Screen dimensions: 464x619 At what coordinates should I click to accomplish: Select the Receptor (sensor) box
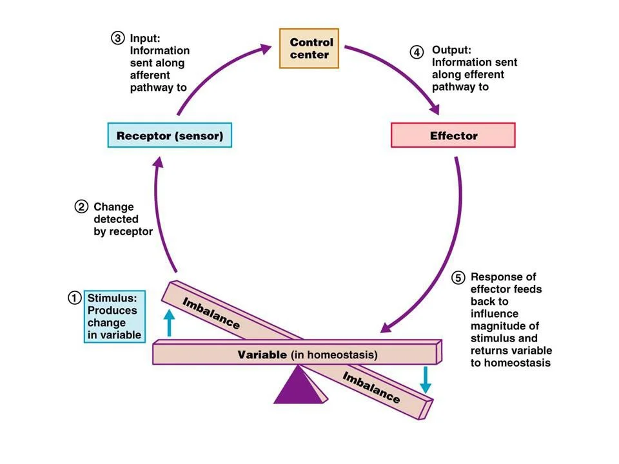tap(169, 136)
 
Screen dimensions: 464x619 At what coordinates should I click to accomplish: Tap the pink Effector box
tap(453, 136)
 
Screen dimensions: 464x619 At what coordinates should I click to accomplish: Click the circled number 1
tap(75, 298)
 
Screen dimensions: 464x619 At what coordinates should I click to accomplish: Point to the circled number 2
tap(81, 208)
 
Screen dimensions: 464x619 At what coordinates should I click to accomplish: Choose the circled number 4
tap(417, 50)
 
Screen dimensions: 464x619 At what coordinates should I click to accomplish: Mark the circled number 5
tap(457, 278)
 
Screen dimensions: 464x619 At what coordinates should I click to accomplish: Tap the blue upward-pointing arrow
tap(170, 322)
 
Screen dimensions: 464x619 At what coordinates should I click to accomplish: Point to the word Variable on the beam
tap(262, 354)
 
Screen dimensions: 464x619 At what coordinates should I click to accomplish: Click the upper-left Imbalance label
tap(211, 312)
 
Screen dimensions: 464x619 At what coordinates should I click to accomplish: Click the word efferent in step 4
tap(484, 75)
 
